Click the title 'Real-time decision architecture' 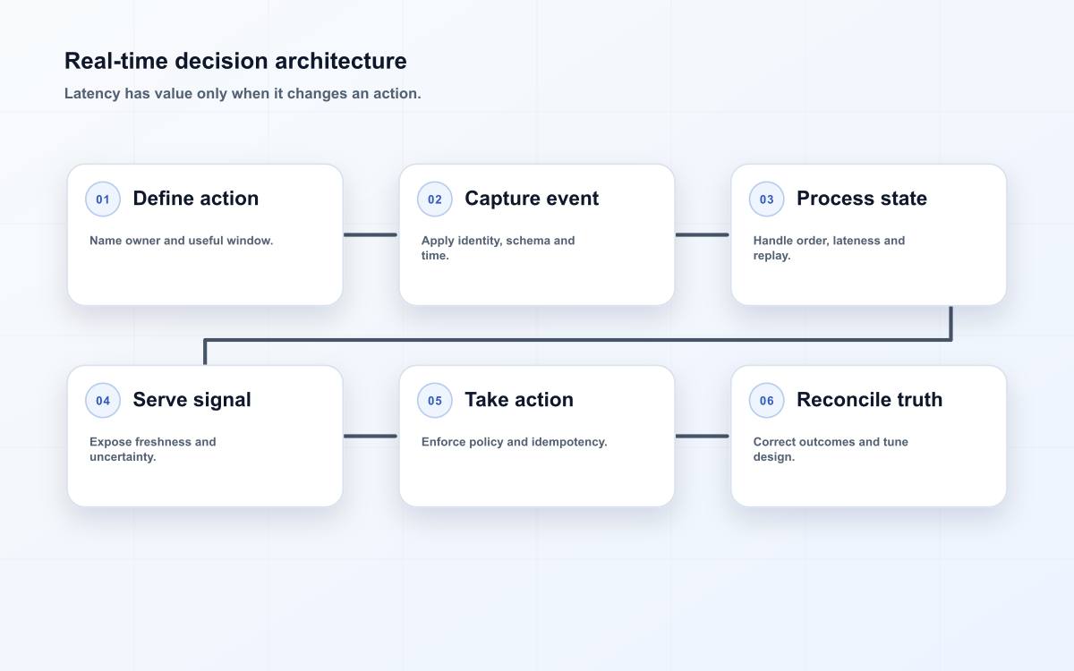(x=235, y=62)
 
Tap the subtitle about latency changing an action (x=243, y=93)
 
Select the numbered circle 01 (x=103, y=199)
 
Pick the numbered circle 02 (x=434, y=199)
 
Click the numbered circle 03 (x=766, y=199)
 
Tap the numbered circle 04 (x=103, y=400)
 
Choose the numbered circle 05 (x=434, y=400)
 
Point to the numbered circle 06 (x=766, y=400)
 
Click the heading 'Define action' (x=196, y=199)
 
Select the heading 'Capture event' (x=532, y=199)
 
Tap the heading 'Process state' (x=862, y=199)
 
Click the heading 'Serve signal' (x=192, y=400)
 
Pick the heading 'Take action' (x=519, y=400)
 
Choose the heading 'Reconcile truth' (x=869, y=400)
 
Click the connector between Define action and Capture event (x=371, y=234)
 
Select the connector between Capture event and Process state (x=703, y=234)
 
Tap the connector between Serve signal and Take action (x=371, y=437)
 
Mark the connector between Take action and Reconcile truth (x=703, y=437)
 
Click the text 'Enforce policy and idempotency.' (x=514, y=442)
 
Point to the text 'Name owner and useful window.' (x=181, y=241)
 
